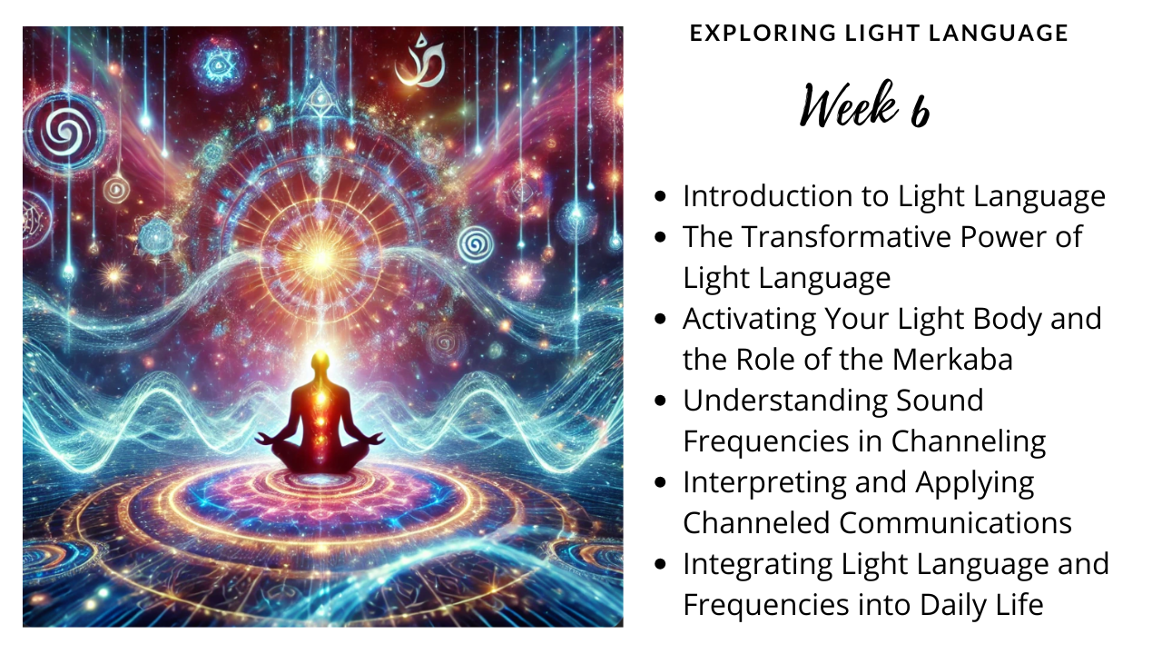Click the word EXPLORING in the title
[762, 33]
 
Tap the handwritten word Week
[849, 104]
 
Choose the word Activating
[750, 319]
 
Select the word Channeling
[969, 441]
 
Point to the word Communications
[956, 522]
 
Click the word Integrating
[758, 564]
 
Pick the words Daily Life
[981, 605]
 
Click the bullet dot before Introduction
[660, 196]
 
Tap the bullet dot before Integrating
[660, 564]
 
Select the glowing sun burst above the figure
[321, 258]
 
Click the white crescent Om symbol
[419, 61]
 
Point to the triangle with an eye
[320, 97]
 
